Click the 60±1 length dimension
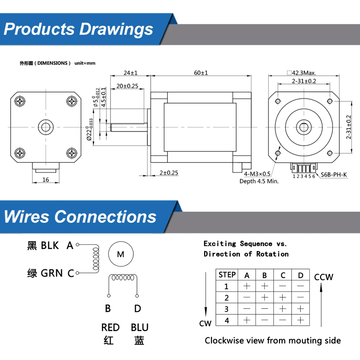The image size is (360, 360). [x=201, y=73]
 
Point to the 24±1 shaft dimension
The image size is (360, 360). [x=130, y=73]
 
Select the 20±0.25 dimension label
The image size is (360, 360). [x=127, y=86]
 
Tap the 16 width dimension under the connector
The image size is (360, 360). [x=45, y=180]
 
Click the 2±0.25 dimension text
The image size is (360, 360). [x=169, y=173]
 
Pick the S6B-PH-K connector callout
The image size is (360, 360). [x=334, y=175]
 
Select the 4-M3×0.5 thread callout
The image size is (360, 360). [x=257, y=174]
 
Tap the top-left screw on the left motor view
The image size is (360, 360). [x=20, y=101]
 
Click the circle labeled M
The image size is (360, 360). [x=121, y=254]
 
